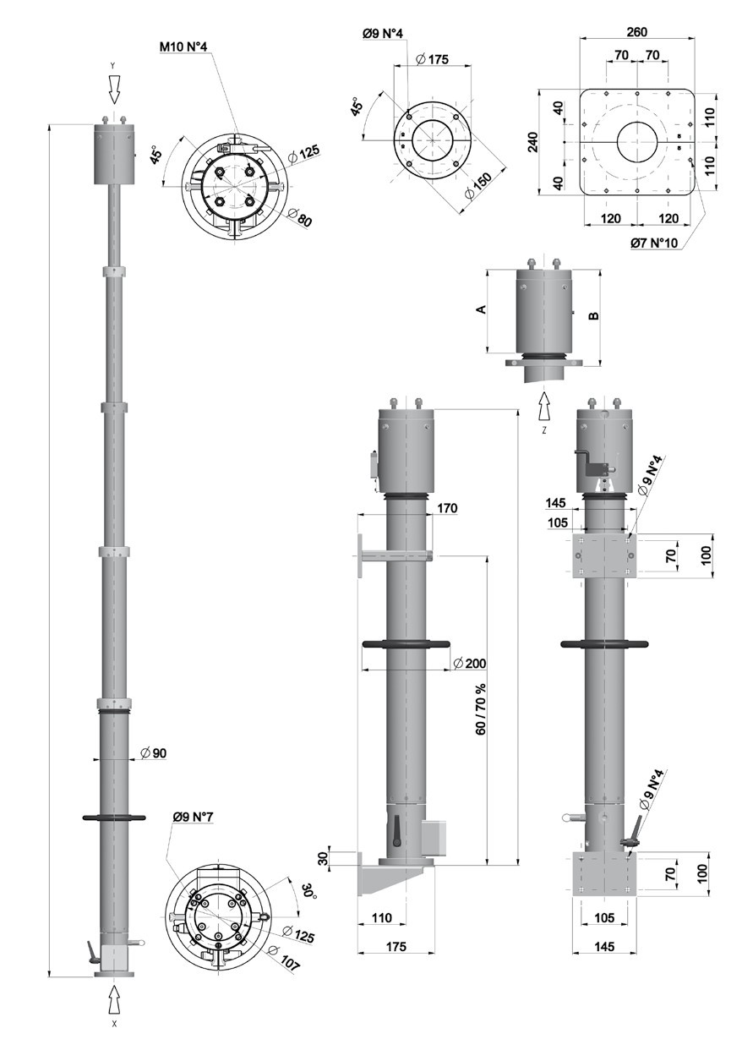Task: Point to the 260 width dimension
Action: click(x=636, y=32)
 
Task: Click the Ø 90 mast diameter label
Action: click(x=153, y=752)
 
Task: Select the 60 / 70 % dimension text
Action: click(x=482, y=708)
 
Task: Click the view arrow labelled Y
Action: click(x=114, y=87)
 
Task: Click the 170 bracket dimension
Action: click(x=448, y=508)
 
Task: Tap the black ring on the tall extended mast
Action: click(x=114, y=818)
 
